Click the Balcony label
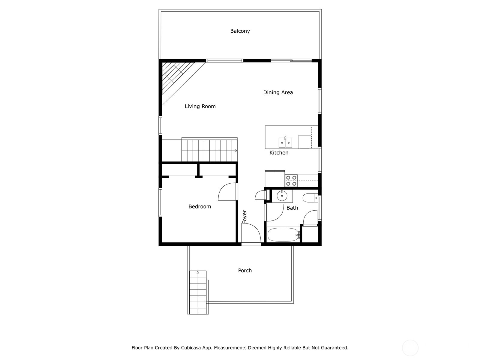tap(240, 31)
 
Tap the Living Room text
tap(200, 106)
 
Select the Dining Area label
tap(278, 92)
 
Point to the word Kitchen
tap(279, 153)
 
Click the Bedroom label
tap(199, 206)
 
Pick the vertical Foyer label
tap(244, 216)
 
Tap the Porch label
tap(245, 270)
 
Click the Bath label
tap(292, 208)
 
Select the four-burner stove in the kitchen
tap(291, 180)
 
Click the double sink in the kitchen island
tap(285, 142)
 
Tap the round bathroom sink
tap(282, 196)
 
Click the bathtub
tap(283, 235)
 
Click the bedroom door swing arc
tap(227, 192)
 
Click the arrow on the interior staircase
tap(236, 151)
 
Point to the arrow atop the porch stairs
tap(198, 272)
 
